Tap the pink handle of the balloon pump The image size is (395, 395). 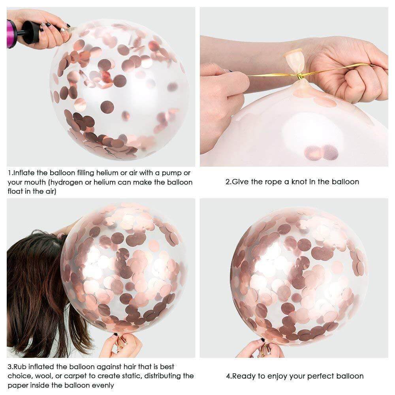point(11,33)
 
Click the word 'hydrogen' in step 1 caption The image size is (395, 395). point(85,182)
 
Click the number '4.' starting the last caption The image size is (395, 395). point(229,376)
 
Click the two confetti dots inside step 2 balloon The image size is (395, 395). point(321,152)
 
